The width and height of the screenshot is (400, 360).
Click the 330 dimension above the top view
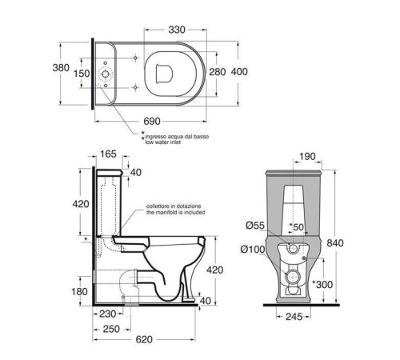177,30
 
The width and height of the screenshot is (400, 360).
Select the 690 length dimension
152,122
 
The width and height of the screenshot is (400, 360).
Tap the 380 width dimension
61,68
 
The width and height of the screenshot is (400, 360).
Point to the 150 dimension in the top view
82,73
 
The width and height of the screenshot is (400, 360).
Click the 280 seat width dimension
218,72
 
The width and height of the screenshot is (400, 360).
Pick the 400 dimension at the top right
239,71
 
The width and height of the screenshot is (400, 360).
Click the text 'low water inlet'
163,142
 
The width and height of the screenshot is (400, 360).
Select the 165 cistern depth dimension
108,154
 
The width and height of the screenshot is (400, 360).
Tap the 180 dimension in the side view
79,291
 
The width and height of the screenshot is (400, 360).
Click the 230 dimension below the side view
108,314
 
